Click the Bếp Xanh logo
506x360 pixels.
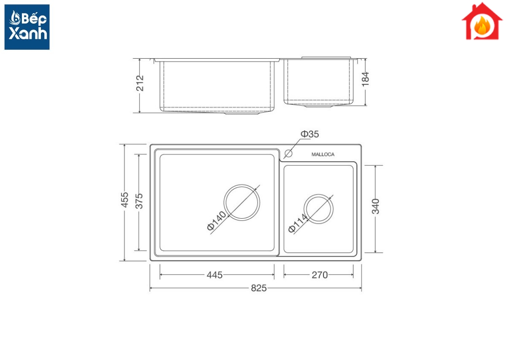click(27, 27)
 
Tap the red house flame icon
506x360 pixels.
click(482, 21)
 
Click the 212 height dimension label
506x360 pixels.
click(140, 83)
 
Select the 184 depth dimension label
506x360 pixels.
click(365, 79)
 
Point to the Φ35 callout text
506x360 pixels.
click(310, 134)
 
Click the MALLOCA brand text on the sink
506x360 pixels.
click(323, 154)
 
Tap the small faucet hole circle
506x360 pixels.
click(288, 154)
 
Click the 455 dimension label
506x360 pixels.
click(124, 200)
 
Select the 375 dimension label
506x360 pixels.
click(139, 201)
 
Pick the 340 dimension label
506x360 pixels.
click(375, 206)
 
